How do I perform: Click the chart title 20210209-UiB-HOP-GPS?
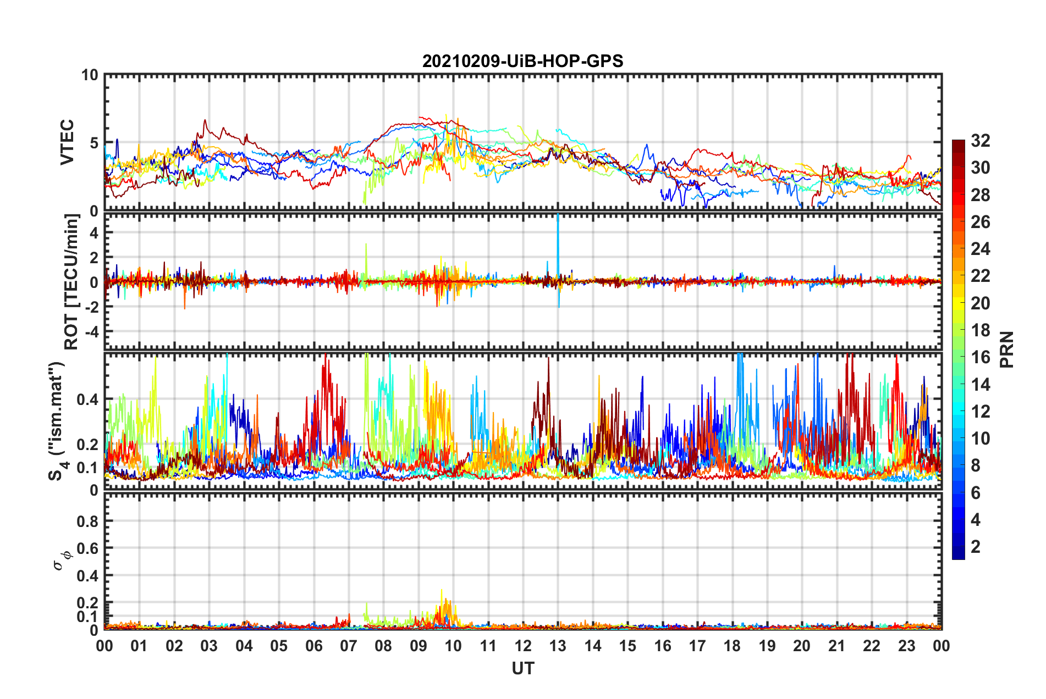click(522, 61)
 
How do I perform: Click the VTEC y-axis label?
click(67, 142)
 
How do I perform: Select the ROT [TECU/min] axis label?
click(71, 282)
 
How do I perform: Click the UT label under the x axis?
click(522, 668)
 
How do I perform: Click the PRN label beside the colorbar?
click(1006, 349)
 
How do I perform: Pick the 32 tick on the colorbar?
click(980, 141)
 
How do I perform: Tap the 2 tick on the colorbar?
click(976, 547)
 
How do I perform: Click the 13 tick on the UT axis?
click(558, 646)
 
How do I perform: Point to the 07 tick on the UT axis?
click(349, 646)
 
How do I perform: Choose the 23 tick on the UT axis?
click(906, 646)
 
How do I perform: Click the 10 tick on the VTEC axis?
click(90, 75)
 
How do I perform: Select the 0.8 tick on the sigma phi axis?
click(90, 521)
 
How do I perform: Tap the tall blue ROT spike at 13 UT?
click(558, 231)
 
